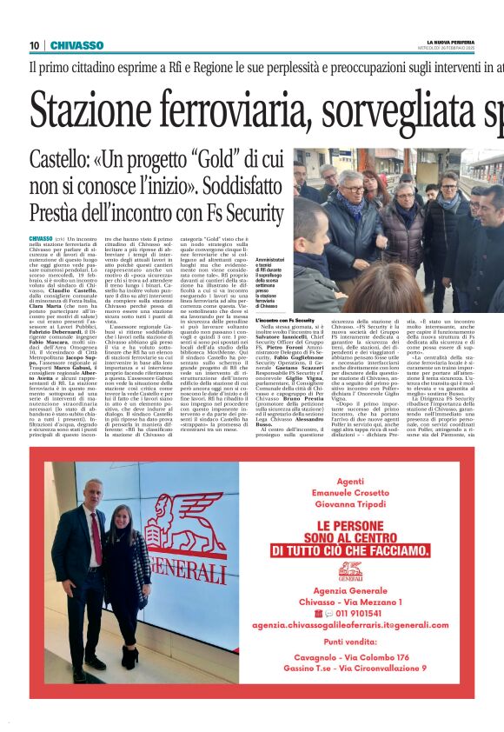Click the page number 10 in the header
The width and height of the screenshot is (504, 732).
pyautogui.click(x=34, y=45)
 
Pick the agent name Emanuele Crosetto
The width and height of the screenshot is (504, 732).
pyautogui.click(x=350, y=493)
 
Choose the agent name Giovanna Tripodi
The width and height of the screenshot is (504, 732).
pyautogui.click(x=350, y=506)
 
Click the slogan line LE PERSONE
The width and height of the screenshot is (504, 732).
pyautogui.click(x=350, y=527)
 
